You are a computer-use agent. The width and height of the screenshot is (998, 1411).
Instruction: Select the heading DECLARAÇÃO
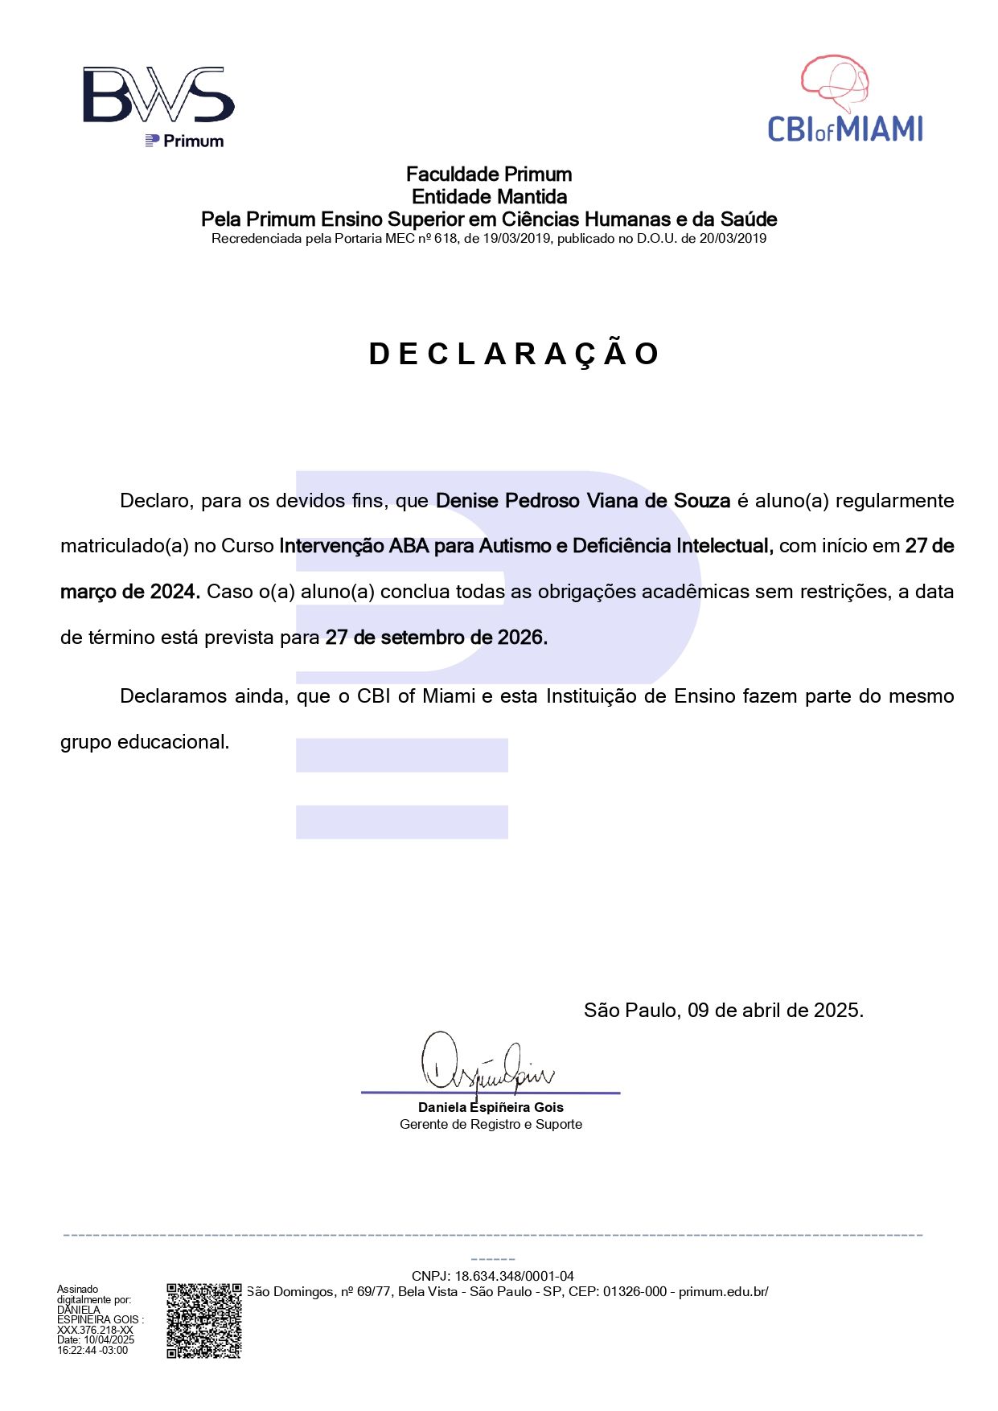pyautogui.click(x=514, y=355)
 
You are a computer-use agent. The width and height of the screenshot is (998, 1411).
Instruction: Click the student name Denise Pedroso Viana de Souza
pyautogui.click(x=582, y=501)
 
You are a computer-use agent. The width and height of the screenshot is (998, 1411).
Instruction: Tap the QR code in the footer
pyautogui.click(x=203, y=1321)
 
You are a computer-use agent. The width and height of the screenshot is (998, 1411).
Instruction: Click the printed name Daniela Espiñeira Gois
pyautogui.click(x=491, y=1107)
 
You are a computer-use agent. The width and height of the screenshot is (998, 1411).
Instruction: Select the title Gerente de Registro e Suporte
pyautogui.click(x=491, y=1124)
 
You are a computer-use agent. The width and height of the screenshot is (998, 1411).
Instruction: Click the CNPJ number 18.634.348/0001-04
pyautogui.click(x=514, y=1276)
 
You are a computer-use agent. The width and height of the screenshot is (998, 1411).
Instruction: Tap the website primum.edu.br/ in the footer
pyautogui.click(x=723, y=1292)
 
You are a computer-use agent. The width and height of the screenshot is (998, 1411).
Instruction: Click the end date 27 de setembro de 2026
pyautogui.click(x=436, y=638)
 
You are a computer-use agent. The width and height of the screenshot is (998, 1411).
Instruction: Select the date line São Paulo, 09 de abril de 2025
pyautogui.click(x=723, y=1011)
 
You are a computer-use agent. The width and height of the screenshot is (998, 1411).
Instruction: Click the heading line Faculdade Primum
pyautogui.click(x=489, y=174)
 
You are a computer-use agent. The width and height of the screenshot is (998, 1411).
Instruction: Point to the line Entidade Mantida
pyautogui.click(x=489, y=197)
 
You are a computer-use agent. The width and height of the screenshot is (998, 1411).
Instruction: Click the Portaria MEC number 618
pyautogui.click(x=446, y=239)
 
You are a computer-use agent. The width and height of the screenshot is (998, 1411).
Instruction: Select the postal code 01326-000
pyautogui.click(x=635, y=1292)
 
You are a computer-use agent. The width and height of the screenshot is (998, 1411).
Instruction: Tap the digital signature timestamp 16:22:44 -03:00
pyautogui.click(x=92, y=1350)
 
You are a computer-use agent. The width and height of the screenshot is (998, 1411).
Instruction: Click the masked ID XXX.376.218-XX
pyautogui.click(x=95, y=1330)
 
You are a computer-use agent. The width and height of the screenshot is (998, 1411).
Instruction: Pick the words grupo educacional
pyautogui.click(x=145, y=742)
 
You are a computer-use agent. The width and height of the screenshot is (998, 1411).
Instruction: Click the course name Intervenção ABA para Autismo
pyautogui.click(x=417, y=547)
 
